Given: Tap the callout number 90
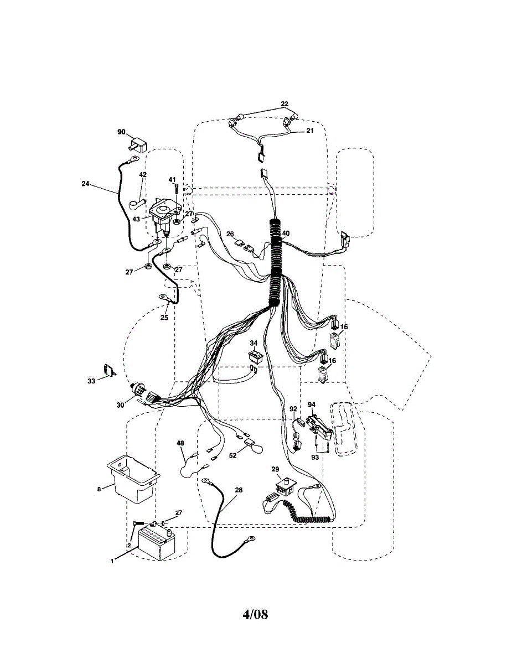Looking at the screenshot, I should (x=121, y=132).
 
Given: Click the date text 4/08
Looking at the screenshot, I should (x=255, y=614).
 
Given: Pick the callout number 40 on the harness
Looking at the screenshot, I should (x=286, y=233).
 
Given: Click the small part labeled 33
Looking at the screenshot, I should (x=108, y=370).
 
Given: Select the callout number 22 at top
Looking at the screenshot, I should (x=285, y=103).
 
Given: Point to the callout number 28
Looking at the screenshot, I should (x=239, y=490).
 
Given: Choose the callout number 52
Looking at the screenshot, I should (x=233, y=455).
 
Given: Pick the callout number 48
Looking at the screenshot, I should (x=180, y=443).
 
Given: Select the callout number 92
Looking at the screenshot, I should (x=293, y=409).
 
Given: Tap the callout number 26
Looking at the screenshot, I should (x=231, y=233).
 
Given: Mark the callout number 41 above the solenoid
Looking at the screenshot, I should (x=172, y=180).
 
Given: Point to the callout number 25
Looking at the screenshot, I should (x=164, y=318).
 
